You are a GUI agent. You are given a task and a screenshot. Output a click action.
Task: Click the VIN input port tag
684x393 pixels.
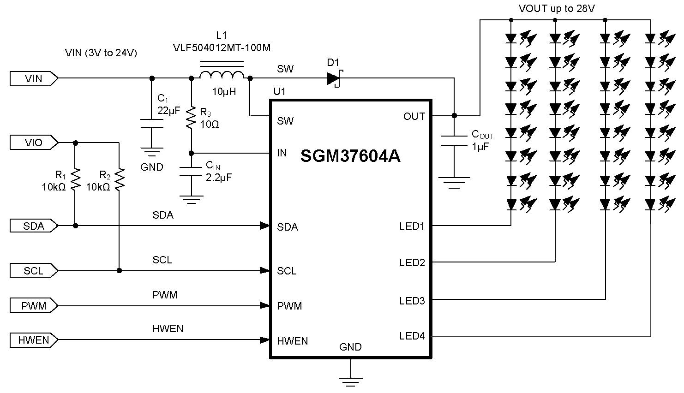[x=34, y=79]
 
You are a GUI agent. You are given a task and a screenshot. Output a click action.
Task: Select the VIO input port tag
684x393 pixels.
[x=34, y=143]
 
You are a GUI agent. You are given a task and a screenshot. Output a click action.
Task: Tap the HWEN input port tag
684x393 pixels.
[x=34, y=340]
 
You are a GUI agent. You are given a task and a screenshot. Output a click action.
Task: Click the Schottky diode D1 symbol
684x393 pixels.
[x=333, y=79]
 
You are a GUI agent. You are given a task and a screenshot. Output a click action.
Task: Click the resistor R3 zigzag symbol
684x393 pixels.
[x=191, y=118]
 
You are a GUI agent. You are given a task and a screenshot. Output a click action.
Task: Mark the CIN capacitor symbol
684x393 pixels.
[x=191, y=171]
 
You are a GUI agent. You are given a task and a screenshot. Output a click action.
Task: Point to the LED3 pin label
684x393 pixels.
[x=412, y=301]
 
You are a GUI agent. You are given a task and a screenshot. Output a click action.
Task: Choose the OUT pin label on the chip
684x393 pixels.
[x=414, y=117]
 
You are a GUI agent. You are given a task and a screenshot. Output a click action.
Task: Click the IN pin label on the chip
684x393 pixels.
[x=282, y=153]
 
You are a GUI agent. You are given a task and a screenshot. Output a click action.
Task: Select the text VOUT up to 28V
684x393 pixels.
[x=556, y=9]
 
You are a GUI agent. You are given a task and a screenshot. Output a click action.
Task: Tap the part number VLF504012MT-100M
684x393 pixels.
[x=222, y=48]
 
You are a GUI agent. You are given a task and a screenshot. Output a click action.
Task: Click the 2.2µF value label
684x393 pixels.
[x=219, y=177]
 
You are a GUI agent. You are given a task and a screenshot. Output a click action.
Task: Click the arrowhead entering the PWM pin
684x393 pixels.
[x=265, y=305]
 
